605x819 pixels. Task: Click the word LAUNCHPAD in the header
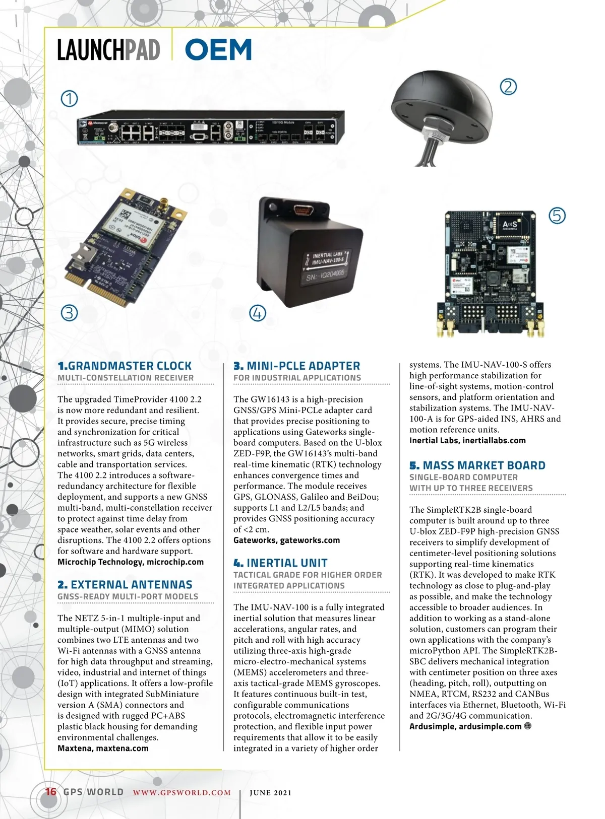pyautogui.click(x=108, y=50)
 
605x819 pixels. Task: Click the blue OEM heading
pyautogui.click(x=218, y=50)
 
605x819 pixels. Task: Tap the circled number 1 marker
pyautogui.click(x=70, y=98)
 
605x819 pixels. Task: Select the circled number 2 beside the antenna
pyautogui.click(x=508, y=87)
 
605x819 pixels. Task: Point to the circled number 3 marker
pyautogui.click(x=70, y=313)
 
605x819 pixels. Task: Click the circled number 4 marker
pyautogui.click(x=258, y=313)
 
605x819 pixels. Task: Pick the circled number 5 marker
pyautogui.click(x=557, y=216)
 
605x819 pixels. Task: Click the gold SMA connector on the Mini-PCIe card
pyautogui.click(x=164, y=204)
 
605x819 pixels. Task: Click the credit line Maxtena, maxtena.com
pyautogui.click(x=103, y=748)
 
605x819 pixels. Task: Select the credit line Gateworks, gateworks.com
pyautogui.click(x=286, y=540)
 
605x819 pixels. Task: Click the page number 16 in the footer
pyautogui.click(x=51, y=792)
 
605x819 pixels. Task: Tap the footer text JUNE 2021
pyautogui.click(x=271, y=793)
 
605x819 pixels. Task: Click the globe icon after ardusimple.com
pyautogui.click(x=528, y=726)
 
